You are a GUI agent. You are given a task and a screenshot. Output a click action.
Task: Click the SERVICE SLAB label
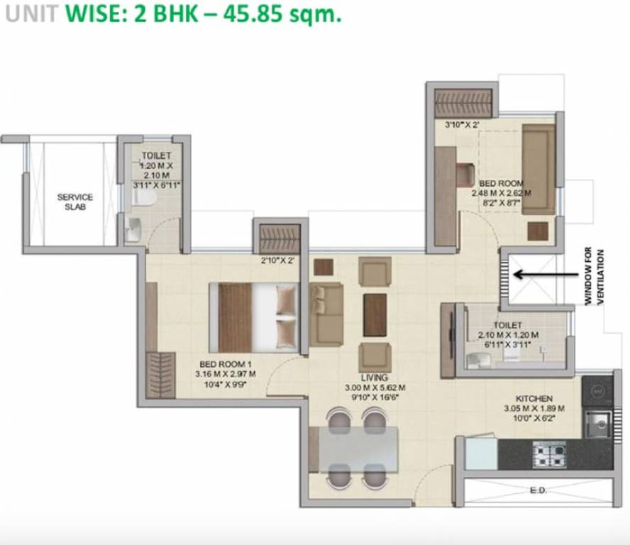point(74,202)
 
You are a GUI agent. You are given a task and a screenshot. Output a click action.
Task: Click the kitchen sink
point(596,424)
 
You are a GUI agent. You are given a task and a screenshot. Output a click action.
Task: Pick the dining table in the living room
point(356,449)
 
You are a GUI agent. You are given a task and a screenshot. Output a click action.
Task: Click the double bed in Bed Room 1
point(254,317)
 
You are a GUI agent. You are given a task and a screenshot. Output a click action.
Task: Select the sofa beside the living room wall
point(327,314)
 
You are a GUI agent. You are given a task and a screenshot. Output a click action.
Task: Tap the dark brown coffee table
point(375,315)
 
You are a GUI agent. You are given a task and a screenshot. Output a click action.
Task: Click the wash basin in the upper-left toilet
point(135,229)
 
